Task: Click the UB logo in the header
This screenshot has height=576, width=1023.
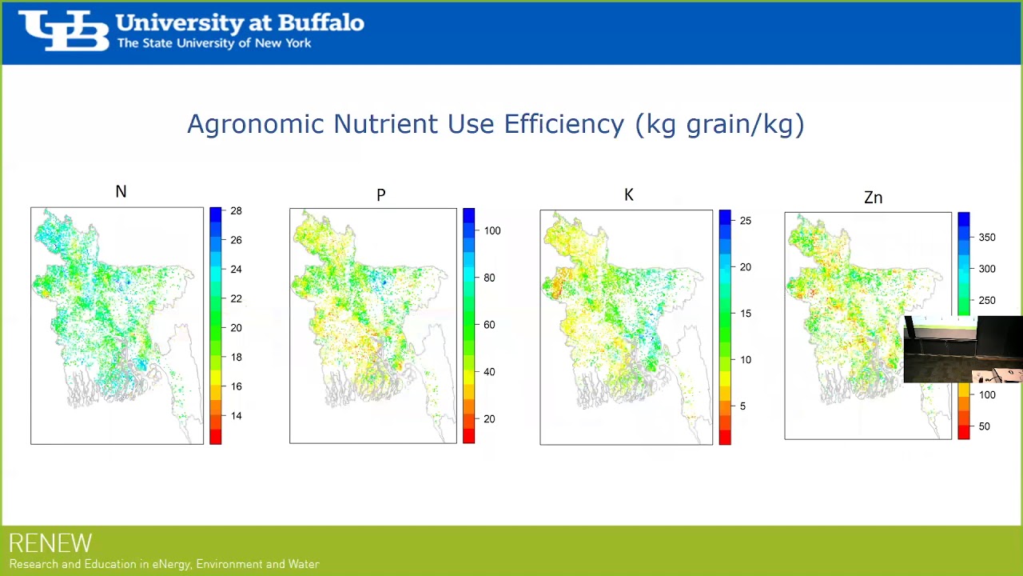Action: click(x=64, y=31)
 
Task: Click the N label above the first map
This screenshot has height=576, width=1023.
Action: click(x=121, y=192)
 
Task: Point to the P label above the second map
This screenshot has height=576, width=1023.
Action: click(x=381, y=195)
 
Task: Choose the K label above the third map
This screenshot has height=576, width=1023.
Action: click(x=629, y=195)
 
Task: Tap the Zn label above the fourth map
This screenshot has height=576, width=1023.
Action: click(x=873, y=198)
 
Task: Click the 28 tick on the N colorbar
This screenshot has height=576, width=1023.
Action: click(x=236, y=211)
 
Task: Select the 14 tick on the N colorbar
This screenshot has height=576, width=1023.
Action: click(x=236, y=416)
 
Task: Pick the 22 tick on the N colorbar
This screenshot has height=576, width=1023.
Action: click(x=236, y=298)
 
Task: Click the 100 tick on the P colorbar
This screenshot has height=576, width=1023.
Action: click(x=492, y=230)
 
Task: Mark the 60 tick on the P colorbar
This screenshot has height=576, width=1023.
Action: click(x=489, y=325)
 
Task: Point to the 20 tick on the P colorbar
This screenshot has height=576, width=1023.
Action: click(x=489, y=419)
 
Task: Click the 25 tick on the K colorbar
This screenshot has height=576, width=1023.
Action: click(x=745, y=221)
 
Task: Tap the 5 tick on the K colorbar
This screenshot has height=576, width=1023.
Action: click(x=742, y=406)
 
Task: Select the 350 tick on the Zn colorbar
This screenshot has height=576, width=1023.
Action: click(x=987, y=238)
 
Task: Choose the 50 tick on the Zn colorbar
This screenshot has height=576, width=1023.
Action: click(x=985, y=426)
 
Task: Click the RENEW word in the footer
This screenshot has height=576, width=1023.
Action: click(x=50, y=544)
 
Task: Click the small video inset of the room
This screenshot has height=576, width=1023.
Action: click(x=963, y=350)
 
